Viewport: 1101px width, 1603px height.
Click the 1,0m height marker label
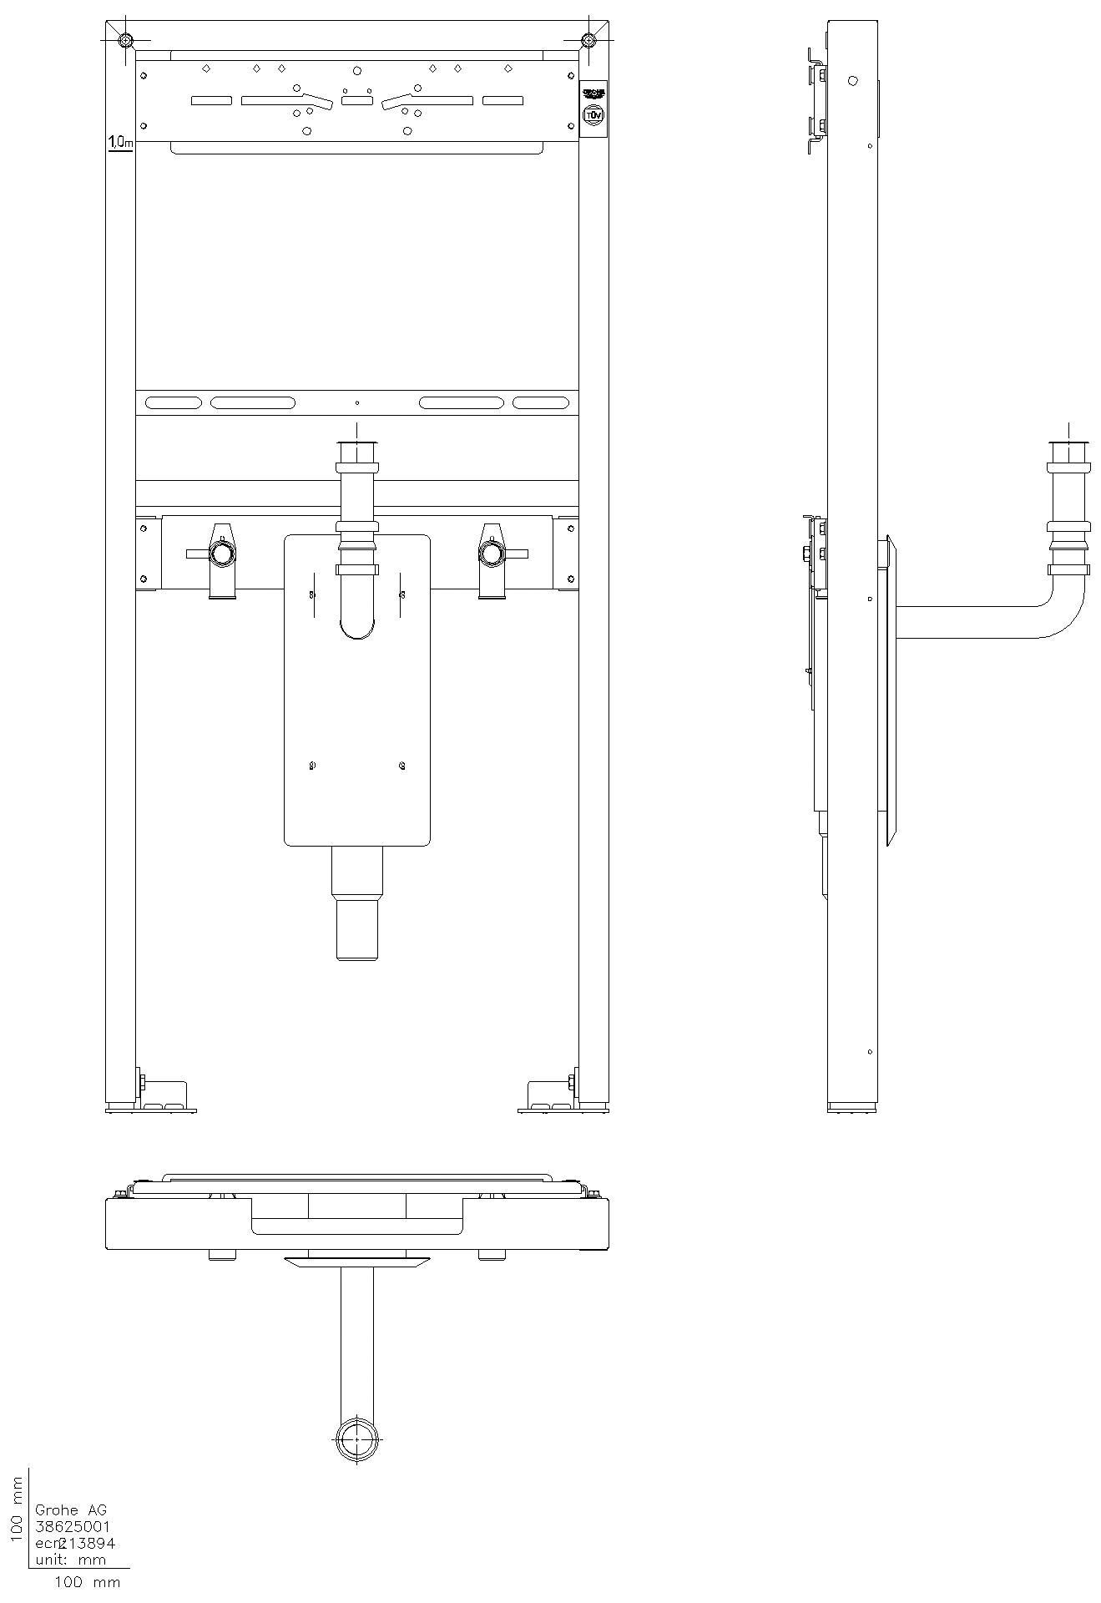coord(120,144)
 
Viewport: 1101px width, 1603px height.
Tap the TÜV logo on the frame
coord(593,115)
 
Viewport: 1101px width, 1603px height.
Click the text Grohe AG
coord(71,1509)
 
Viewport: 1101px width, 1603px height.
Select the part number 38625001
coord(73,1526)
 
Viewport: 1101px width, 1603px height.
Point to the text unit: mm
coord(70,1560)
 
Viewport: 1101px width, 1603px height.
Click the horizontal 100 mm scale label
coord(87,1582)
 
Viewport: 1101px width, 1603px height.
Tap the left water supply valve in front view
coord(222,554)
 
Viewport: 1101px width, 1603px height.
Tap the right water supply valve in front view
coord(492,554)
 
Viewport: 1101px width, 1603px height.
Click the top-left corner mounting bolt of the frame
coord(124,40)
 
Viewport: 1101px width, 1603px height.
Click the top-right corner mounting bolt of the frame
coord(589,40)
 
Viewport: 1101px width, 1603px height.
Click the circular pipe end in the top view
coord(357,1440)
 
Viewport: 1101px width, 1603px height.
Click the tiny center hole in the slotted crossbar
coord(357,402)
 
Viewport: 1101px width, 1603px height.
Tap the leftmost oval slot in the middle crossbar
coord(173,402)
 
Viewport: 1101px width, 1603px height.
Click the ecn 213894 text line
coord(75,1543)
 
